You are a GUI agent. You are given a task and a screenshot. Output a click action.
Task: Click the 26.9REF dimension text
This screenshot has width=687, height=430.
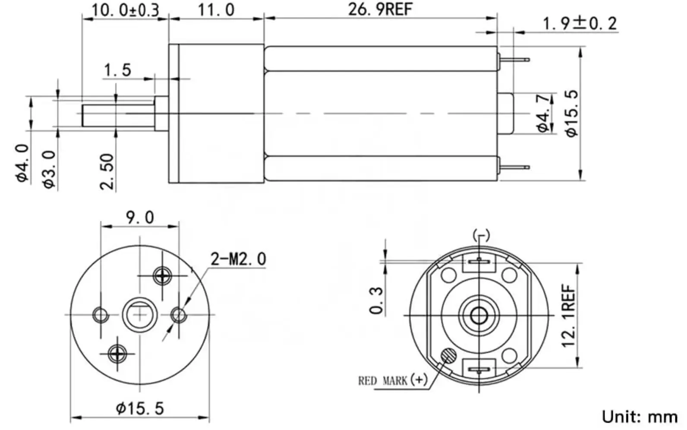click(x=380, y=9)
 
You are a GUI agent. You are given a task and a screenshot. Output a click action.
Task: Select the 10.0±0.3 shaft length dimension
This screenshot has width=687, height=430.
click(x=125, y=9)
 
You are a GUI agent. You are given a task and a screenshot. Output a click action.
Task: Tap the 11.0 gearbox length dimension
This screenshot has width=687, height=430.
click(x=216, y=9)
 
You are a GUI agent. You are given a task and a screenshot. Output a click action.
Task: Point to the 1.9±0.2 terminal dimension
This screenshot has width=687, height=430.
click(x=580, y=23)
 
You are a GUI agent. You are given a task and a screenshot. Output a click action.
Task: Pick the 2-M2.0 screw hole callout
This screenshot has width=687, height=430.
click(x=238, y=259)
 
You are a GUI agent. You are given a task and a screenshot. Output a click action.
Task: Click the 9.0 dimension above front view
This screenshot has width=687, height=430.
click(x=139, y=217)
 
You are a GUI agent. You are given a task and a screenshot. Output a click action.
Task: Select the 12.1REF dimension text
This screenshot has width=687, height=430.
click(x=569, y=315)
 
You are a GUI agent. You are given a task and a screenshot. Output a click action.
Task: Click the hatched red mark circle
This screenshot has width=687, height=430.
click(x=448, y=356)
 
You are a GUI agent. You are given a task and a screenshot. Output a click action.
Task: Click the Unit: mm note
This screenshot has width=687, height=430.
click(x=640, y=417)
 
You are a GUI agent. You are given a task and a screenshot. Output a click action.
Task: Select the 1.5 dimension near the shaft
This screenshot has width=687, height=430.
click(x=117, y=70)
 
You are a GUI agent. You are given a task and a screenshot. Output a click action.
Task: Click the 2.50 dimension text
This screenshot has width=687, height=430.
click(x=107, y=171)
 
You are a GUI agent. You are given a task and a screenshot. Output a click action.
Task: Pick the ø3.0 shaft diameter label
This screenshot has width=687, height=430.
click(x=50, y=169)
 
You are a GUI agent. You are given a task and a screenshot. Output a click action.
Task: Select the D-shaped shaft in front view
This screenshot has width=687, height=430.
click(x=139, y=314)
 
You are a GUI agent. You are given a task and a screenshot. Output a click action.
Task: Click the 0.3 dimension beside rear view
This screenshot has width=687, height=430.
click(x=376, y=300)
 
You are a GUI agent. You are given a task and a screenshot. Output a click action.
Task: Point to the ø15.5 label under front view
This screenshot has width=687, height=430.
click(x=140, y=408)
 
